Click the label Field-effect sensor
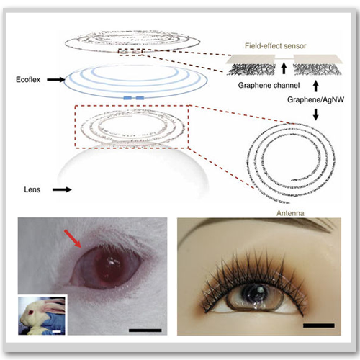tap(276, 45)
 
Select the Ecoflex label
tap(28, 80)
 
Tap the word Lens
tap(32, 189)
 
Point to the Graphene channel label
tap(269, 85)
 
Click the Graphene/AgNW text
tap(315, 99)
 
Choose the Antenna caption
tap(290, 213)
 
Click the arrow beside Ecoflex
tap(56, 80)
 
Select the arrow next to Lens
tap(62, 189)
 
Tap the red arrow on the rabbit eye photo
tap(73, 238)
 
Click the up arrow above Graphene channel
tap(284, 68)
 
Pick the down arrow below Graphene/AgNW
tap(316, 114)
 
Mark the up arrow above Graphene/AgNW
tap(316, 86)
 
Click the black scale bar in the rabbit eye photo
tap(145, 330)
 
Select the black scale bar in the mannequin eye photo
tap(319, 325)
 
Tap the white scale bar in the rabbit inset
tap(56, 332)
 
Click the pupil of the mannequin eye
tap(255, 291)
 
